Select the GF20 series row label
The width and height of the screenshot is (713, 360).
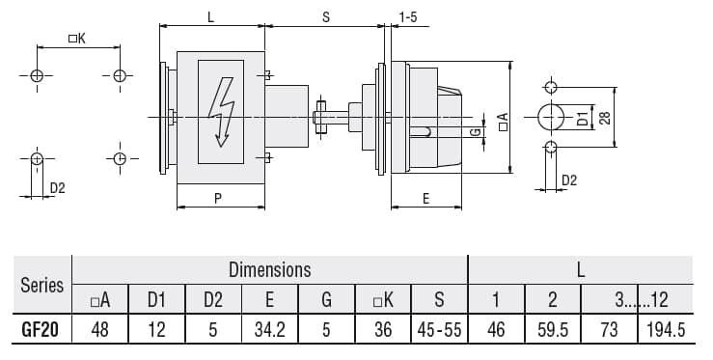(41, 330)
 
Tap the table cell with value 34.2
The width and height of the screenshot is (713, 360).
(269, 330)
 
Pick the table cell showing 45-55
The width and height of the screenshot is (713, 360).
(438, 330)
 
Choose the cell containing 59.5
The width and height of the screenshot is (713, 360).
(552, 330)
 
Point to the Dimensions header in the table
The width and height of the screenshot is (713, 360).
(269, 269)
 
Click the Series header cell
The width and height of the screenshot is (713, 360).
(41, 285)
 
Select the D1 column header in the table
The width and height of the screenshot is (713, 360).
(156, 300)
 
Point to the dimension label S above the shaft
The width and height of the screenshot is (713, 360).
(325, 16)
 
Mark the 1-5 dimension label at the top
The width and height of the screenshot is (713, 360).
(408, 16)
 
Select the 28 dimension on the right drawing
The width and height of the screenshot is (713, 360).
(605, 117)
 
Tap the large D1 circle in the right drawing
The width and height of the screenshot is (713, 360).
(550, 117)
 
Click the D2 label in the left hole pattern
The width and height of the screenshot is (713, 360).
(57, 187)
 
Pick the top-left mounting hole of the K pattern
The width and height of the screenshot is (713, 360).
(37, 75)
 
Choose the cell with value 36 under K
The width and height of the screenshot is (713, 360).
(383, 330)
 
